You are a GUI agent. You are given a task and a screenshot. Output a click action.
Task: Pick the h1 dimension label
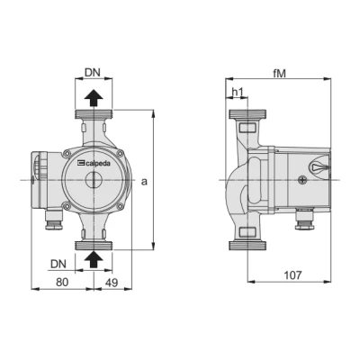(x=238, y=93)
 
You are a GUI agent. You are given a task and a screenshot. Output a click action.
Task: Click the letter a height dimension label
(x=144, y=181)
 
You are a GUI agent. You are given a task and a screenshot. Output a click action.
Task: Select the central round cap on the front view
(x=93, y=179)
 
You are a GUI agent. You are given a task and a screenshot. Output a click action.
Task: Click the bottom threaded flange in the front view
(x=93, y=242)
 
